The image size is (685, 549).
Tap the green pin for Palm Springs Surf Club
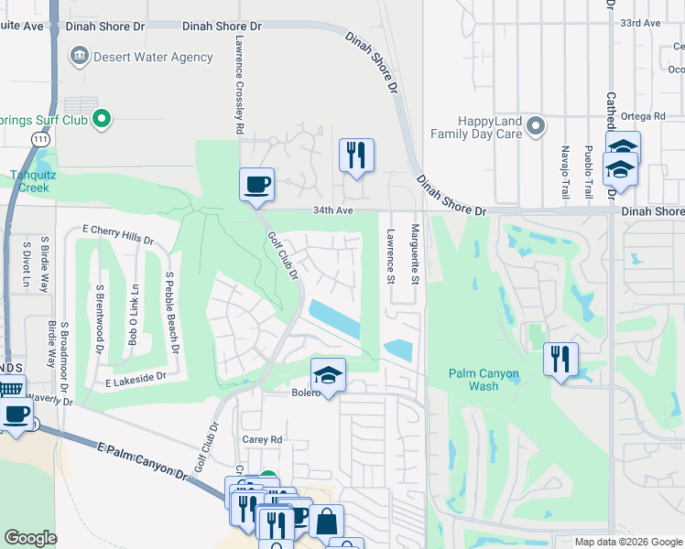pos(103,119)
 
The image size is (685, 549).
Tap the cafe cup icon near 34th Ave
pos(256,184)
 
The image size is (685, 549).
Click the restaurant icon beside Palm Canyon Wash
pos(561,358)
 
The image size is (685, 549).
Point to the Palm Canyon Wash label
pos(484,379)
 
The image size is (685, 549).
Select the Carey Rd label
pos(260,439)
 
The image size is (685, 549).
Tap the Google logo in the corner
pos(31,538)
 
